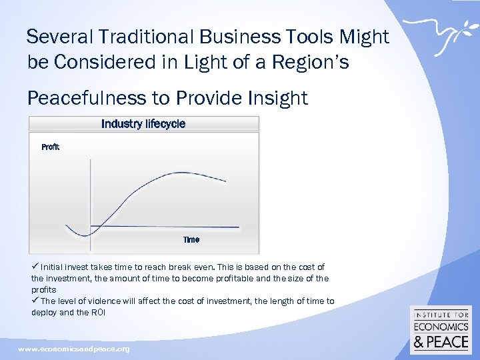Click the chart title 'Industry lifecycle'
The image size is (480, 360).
pyautogui.click(x=143, y=124)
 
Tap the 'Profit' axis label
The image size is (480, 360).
pyautogui.click(x=51, y=147)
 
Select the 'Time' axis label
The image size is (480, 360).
pyautogui.click(x=191, y=239)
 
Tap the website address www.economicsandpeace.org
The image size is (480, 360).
pyautogui.click(x=74, y=349)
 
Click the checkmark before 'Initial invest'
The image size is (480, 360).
pyautogui.click(x=35, y=267)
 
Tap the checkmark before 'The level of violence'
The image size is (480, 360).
pyautogui.click(x=35, y=301)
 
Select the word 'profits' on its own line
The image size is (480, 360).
pyautogui.click(x=44, y=290)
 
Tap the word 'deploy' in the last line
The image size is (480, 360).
pyautogui.click(x=44, y=312)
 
